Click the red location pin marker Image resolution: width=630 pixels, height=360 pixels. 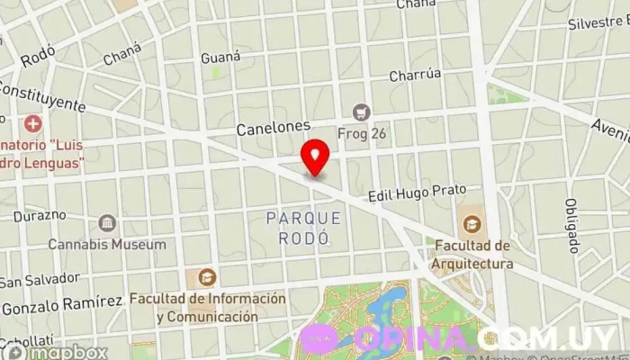click(314, 157)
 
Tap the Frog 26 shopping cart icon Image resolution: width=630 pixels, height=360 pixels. click(362, 112)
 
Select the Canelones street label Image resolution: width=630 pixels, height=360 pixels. click(274, 129)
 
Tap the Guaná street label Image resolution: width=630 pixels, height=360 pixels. click(220, 57)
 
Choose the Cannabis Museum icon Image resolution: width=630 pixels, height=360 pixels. click(108, 222)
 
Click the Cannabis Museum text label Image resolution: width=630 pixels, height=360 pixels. click(107, 244)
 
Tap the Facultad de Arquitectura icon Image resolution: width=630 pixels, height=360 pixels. click(471, 223)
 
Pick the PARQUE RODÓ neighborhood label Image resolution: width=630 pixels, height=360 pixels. click(304, 229)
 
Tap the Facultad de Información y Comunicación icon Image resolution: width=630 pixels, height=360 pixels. click(207, 277)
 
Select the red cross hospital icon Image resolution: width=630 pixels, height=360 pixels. click(33, 122)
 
